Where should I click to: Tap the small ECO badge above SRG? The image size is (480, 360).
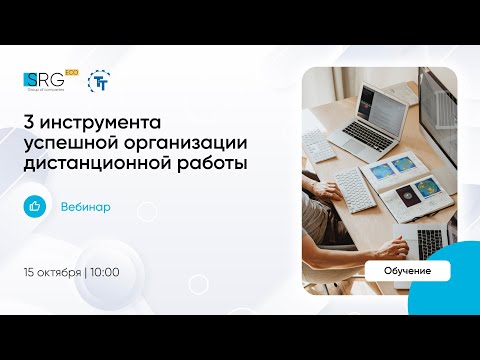[x=70, y=72]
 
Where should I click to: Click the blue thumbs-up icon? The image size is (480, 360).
[x=36, y=206]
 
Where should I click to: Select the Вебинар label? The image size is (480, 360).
[x=86, y=207]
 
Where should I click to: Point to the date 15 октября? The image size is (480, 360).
[x=53, y=271]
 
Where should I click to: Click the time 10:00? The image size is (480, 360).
[x=105, y=271]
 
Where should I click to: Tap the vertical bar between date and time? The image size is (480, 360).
[x=86, y=271]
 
